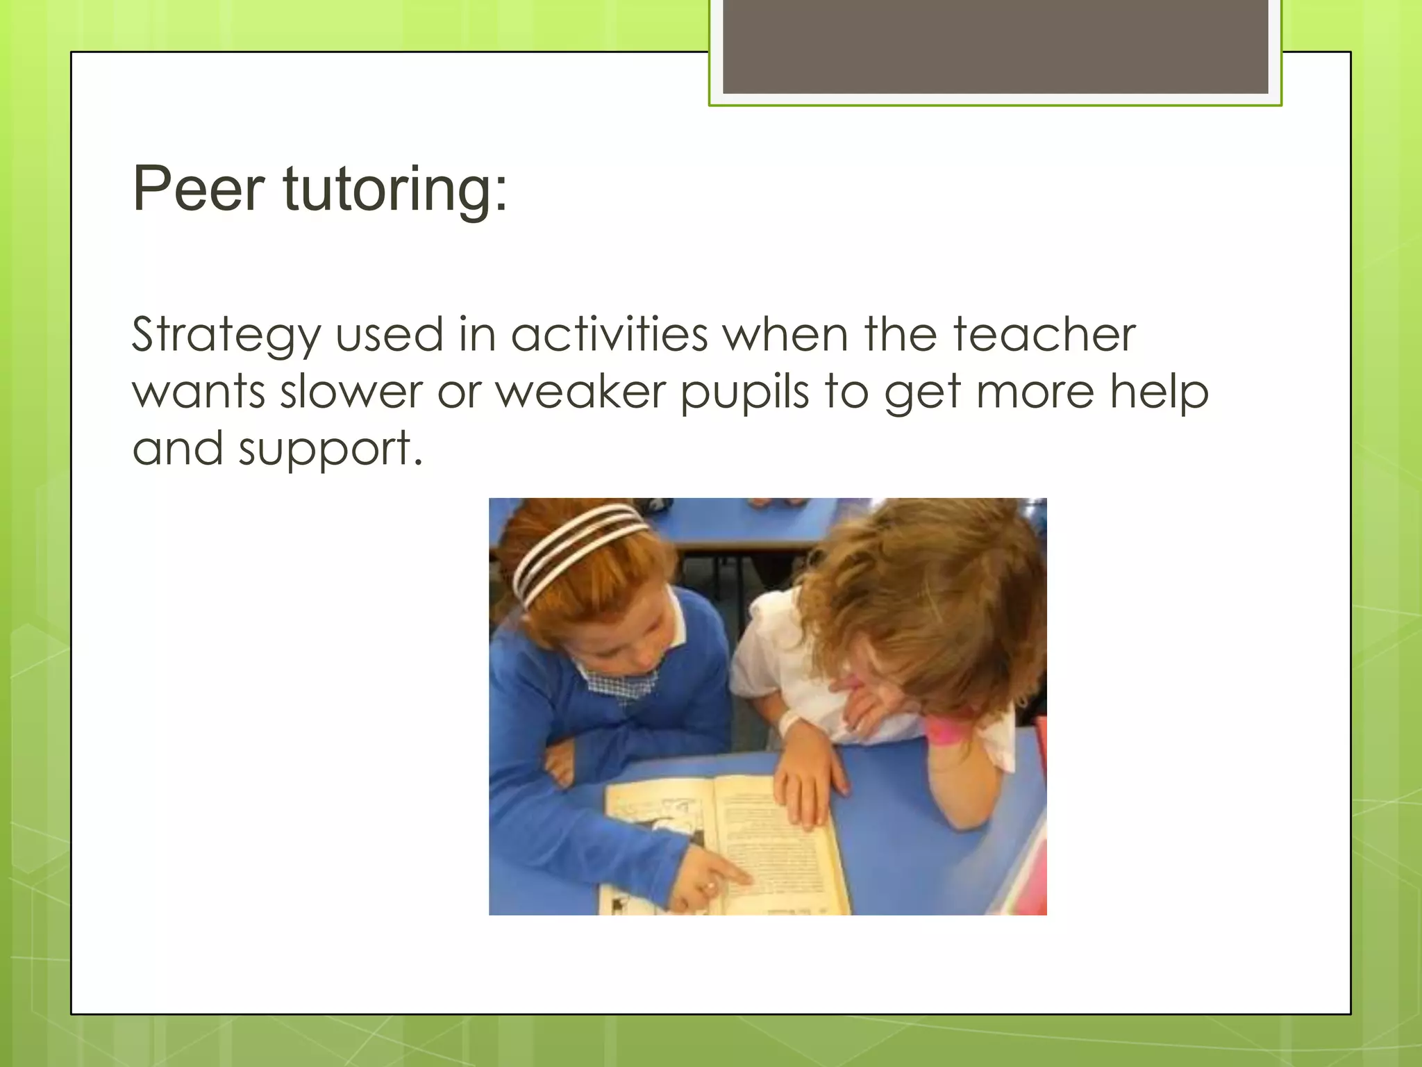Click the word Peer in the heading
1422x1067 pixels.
(199, 188)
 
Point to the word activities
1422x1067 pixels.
(609, 335)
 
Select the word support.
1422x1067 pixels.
(331, 450)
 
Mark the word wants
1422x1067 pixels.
(199, 392)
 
